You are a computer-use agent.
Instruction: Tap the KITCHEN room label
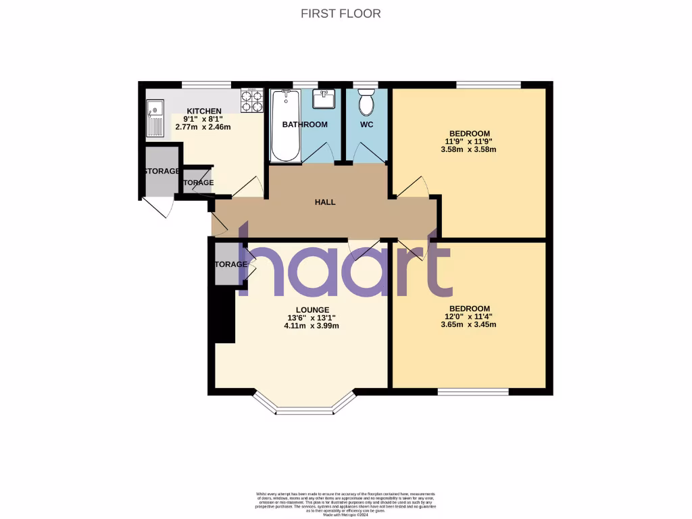click(x=204, y=111)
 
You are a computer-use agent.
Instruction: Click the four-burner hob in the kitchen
click(x=252, y=101)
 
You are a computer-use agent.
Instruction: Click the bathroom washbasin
click(x=324, y=100)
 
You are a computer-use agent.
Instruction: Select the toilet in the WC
click(x=366, y=103)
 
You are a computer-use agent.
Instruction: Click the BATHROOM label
click(x=305, y=124)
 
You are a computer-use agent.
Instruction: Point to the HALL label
click(x=324, y=202)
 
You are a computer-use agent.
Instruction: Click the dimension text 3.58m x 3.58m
click(x=469, y=149)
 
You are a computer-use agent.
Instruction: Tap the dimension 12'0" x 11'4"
click(x=469, y=315)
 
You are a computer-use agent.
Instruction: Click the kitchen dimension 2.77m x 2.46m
click(x=204, y=126)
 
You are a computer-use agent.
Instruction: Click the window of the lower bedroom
click(x=473, y=392)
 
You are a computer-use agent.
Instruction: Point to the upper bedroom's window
click(x=489, y=84)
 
